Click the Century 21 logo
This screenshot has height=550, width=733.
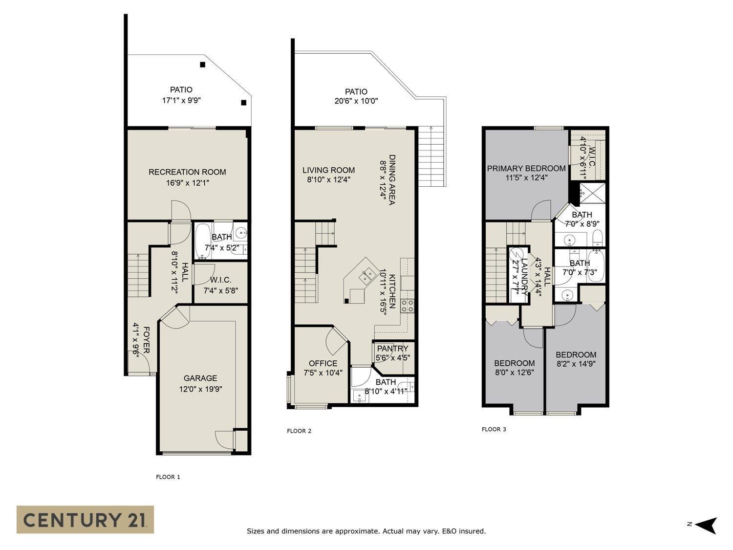point(85,519)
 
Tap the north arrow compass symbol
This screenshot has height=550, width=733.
point(706,525)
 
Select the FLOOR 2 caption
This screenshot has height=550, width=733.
point(299,431)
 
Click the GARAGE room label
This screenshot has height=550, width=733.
point(200,378)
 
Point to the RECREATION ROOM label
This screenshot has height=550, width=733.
point(187,172)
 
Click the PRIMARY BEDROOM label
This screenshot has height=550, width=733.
point(526,168)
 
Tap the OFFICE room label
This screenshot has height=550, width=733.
point(323,363)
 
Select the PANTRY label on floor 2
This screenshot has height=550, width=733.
point(392,349)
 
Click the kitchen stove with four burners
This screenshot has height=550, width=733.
point(408,306)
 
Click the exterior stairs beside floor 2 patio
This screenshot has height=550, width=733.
point(431,156)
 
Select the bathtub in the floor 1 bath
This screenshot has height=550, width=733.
point(202,241)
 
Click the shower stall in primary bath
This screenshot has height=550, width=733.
point(592,193)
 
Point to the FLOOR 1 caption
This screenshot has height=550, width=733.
point(168,477)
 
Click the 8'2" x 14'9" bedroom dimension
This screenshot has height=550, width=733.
point(576,364)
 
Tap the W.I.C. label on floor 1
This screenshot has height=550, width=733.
point(220,280)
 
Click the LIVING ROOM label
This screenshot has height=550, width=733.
point(328,170)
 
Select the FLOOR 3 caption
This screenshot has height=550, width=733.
point(494,429)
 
